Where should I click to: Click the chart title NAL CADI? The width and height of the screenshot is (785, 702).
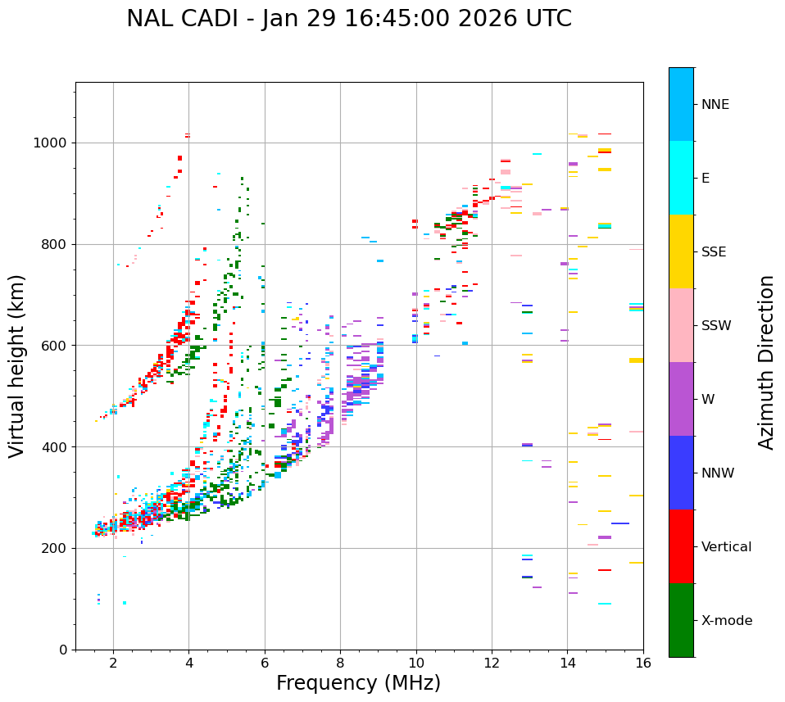(x=349, y=19)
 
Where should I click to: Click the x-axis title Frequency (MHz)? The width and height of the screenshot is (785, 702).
(x=358, y=683)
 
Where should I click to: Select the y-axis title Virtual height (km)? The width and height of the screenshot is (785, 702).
(x=17, y=366)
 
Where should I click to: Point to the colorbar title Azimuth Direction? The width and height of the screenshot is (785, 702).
(x=766, y=362)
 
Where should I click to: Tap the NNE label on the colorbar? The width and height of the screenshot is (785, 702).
(x=715, y=105)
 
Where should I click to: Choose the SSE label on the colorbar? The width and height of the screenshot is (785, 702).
(x=714, y=252)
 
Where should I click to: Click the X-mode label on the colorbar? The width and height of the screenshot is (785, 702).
(x=727, y=621)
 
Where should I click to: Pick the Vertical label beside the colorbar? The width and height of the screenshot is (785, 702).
(x=726, y=547)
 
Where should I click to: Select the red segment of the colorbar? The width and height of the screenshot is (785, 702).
(x=681, y=546)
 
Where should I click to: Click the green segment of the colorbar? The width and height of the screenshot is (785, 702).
(x=681, y=620)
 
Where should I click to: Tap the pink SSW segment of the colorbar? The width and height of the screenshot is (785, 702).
(x=681, y=325)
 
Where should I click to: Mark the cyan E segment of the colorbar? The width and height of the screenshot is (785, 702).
(x=681, y=178)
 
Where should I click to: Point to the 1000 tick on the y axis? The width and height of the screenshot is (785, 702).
(x=55, y=143)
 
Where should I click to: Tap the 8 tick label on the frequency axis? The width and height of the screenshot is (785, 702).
(x=340, y=663)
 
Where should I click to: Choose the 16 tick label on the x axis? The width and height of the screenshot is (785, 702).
(x=643, y=663)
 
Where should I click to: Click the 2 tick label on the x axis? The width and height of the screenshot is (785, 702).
(x=113, y=663)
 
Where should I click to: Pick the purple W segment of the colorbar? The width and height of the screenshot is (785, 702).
(x=681, y=399)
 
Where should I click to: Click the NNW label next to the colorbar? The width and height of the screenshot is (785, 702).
(x=718, y=473)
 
